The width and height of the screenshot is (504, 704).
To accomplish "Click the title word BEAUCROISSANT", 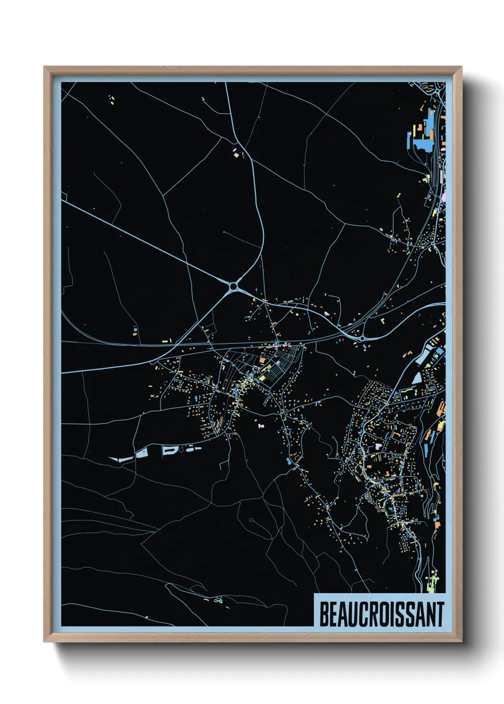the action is click(x=381, y=614).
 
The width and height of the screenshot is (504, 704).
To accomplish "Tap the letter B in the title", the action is click(x=323, y=614).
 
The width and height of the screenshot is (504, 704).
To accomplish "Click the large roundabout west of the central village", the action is click(x=234, y=286).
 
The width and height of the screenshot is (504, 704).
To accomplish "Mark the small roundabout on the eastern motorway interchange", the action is click(x=362, y=338).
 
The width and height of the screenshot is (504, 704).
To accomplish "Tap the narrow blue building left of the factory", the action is click(x=409, y=140).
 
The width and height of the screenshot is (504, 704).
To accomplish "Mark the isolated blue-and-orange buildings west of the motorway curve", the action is click(x=135, y=331).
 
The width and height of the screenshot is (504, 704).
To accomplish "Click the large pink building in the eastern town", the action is click(x=379, y=447).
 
